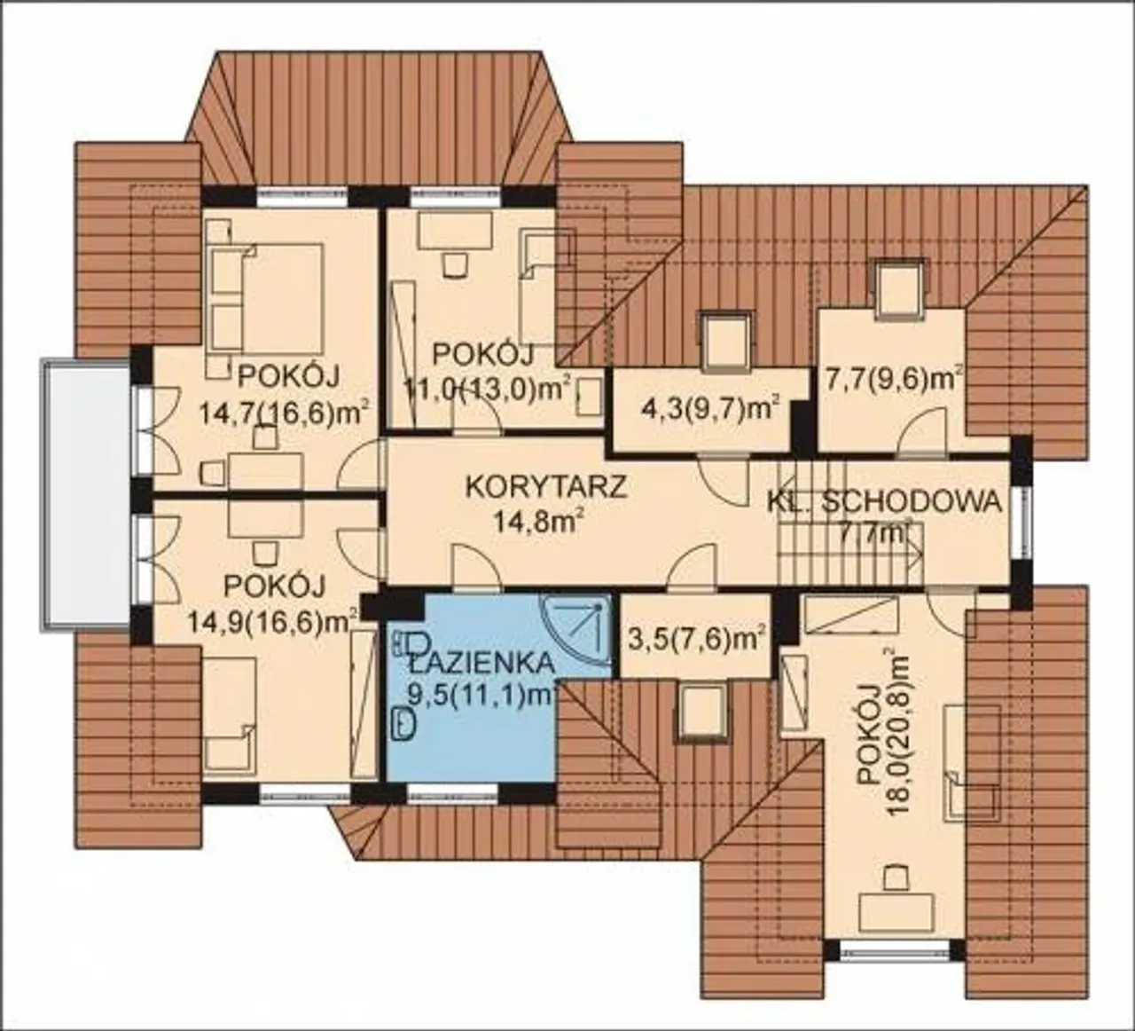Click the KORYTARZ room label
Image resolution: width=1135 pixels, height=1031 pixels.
click(547, 487)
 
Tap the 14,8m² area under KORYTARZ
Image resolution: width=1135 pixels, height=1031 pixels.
click(539, 522)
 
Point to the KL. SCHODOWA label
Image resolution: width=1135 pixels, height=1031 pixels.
click(884, 503)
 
